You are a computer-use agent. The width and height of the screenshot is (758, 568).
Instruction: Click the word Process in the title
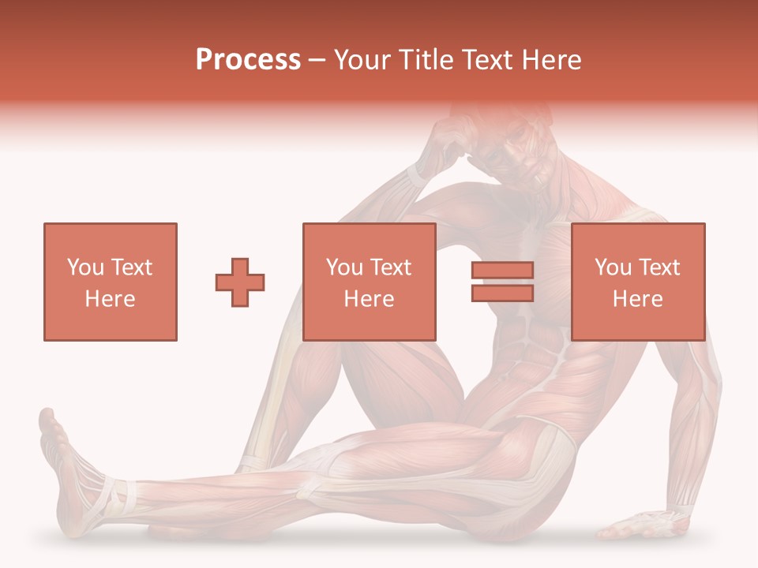tap(248, 60)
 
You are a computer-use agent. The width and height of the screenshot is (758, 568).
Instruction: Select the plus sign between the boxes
tap(240, 282)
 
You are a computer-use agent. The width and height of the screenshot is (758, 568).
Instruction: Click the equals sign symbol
tap(502, 282)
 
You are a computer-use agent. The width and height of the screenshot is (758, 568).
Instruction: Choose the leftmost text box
tap(111, 282)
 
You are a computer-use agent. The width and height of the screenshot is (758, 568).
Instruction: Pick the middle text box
tap(370, 282)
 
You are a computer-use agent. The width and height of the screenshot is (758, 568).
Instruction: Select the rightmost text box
tap(638, 282)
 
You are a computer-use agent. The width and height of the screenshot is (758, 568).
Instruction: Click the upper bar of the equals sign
tap(502, 271)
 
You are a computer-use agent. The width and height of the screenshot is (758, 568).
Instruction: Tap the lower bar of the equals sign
tap(502, 293)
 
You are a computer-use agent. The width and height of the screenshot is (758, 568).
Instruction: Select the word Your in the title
tap(361, 60)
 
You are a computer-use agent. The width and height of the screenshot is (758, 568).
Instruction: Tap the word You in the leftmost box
tap(85, 267)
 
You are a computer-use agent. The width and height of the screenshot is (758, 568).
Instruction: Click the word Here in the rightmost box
tap(638, 299)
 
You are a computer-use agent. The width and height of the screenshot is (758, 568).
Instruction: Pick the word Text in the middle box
tap(391, 267)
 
